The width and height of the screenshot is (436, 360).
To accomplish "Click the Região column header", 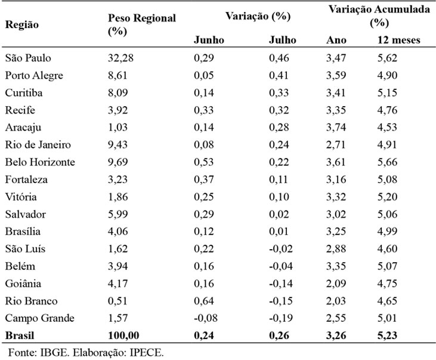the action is pyautogui.click(x=21, y=25).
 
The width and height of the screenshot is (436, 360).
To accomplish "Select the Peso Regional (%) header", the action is pyautogui.click(x=142, y=24).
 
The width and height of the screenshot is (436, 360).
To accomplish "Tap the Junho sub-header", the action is pyautogui.click(x=209, y=40).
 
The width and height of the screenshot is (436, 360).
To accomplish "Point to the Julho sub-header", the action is pyautogui.click(x=282, y=40).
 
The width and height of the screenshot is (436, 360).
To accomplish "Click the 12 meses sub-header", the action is pyautogui.click(x=399, y=40).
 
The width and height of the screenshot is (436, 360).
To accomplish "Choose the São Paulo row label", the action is pyautogui.click(x=28, y=58).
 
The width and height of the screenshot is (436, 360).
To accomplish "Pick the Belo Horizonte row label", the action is pyautogui.click(x=40, y=162).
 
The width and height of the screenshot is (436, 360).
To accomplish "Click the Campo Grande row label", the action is pyautogui.click(x=40, y=318).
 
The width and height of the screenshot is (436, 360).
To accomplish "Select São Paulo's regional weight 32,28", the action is pyautogui.click(x=120, y=58).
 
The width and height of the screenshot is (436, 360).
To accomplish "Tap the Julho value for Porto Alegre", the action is pyautogui.click(x=279, y=76).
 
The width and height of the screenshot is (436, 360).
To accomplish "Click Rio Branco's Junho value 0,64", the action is pyautogui.click(x=204, y=301).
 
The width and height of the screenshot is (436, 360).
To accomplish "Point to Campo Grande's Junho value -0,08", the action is pyautogui.click(x=206, y=318).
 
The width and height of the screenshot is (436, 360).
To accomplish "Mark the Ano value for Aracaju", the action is pyautogui.click(x=336, y=128).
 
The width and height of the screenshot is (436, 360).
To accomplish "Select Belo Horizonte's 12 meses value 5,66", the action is pyautogui.click(x=387, y=162).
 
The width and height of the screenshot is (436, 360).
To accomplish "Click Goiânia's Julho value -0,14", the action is pyautogui.click(x=281, y=284).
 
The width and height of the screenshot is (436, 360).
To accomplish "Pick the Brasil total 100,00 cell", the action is pyautogui.click(x=123, y=336).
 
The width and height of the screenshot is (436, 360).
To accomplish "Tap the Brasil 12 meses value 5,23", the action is pyautogui.click(x=387, y=336).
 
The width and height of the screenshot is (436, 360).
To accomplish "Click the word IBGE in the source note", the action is pyautogui.click(x=54, y=353).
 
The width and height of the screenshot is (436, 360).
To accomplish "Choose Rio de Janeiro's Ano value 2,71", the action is pyautogui.click(x=336, y=145).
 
